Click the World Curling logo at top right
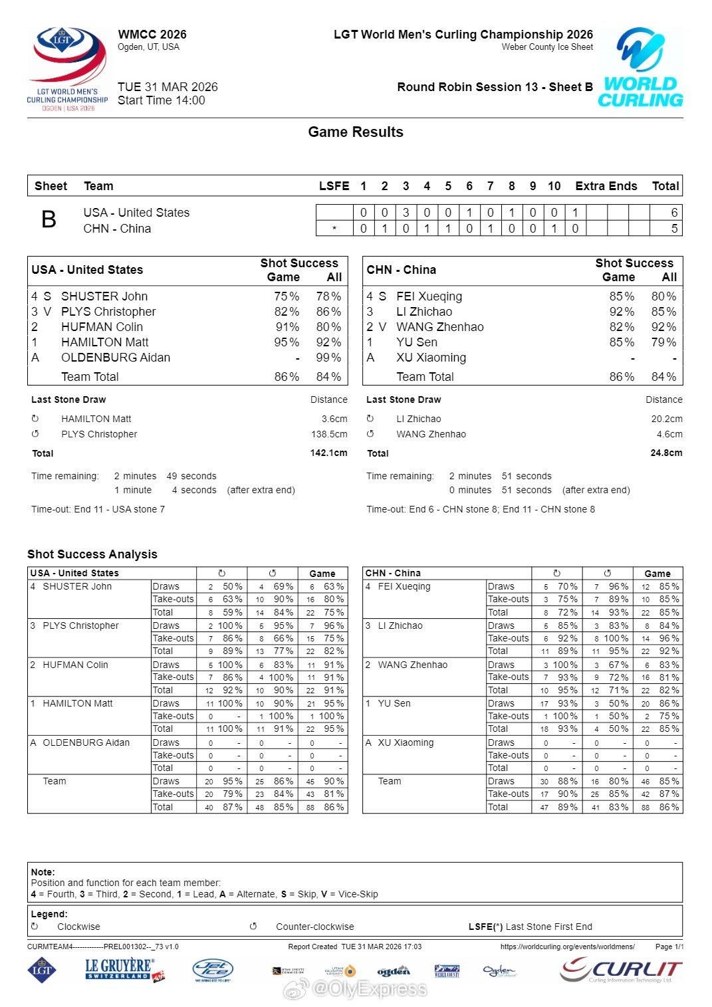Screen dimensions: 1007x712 (x=640, y=68)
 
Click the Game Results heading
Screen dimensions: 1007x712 (x=356, y=132)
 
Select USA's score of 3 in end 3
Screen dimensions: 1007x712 (x=406, y=213)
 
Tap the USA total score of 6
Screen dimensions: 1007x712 (x=674, y=213)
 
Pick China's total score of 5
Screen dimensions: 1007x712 (x=674, y=229)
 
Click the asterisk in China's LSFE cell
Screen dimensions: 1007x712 (x=334, y=229)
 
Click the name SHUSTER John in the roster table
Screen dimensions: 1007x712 (x=104, y=296)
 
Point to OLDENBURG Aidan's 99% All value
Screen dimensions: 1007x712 (x=328, y=358)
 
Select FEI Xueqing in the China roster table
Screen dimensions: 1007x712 (x=429, y=296)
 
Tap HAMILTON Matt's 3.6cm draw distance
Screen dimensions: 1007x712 (x=334, y=419)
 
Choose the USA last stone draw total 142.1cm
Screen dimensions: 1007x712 (x=328, y=453)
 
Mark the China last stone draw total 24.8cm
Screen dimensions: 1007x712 (x=666, y=453)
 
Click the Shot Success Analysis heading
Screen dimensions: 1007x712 (x=92, y=554)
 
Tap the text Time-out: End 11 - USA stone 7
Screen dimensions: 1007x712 (x=98, y=510)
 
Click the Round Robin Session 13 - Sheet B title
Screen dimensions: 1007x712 (x=495, y=87)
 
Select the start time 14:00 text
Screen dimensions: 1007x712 (x=162, y=101)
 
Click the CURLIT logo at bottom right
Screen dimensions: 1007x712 (x=621, y=970)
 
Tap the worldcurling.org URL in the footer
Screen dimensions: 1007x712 (x=567, y=947)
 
